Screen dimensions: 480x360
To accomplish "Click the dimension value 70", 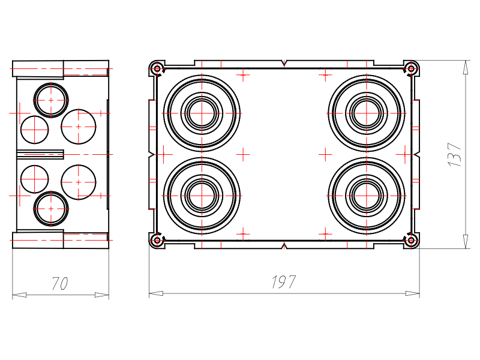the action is [x=59, y=283].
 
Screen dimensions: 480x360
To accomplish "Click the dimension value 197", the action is [x=284, y=282].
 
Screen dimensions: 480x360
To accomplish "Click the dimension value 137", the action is [x=455, y=155].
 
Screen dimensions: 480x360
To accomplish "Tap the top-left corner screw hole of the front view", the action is [x=157, y=68].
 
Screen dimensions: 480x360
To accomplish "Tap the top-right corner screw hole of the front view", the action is [x=411, y=68].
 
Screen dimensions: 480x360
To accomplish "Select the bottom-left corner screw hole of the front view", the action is [x=157, y=241].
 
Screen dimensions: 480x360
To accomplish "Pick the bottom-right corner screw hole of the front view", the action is [x=411, y=241].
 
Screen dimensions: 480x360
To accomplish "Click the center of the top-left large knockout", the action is [x=202, y=113].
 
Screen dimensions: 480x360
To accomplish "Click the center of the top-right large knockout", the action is [x=367, y=113].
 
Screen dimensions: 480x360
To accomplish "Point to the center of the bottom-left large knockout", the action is [x=202, y=196].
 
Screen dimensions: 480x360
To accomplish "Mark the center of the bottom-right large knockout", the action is [x=367, y=196].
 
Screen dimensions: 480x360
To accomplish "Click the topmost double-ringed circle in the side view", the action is [x=51, y=100].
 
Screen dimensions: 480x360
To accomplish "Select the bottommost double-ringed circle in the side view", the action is [x=51, y=209].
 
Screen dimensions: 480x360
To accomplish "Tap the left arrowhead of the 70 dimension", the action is [x=19, y=295].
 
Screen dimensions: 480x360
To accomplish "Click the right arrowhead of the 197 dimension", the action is [x=412, y=293].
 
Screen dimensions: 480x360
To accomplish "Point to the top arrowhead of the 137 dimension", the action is [x=466, y=67].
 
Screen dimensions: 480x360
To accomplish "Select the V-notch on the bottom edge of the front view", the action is [x=284, y=245].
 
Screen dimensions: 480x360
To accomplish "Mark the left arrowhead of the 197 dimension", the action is [x=156, y=293].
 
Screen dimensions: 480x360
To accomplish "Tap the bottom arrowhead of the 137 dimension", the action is [x=466, y=242].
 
